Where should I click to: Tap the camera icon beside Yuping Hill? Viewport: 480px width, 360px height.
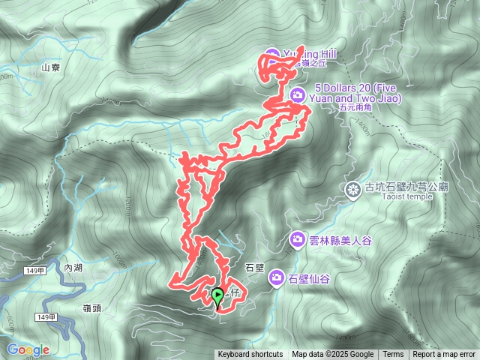tap(271, 55)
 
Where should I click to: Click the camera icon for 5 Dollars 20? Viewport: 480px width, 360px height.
tap(297, 94)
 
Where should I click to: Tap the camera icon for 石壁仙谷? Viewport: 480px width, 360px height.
tap(276, 278)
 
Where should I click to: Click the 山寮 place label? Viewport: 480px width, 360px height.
tap(51, 67)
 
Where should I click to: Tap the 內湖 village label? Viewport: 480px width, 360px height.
tap(74, 268)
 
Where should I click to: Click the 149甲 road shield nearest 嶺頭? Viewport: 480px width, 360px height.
tap(46, 318)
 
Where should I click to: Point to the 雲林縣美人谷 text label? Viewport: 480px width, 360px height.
tap(340, 241)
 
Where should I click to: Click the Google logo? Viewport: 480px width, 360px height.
tap(28, 349)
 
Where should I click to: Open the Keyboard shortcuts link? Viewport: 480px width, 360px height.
tap(250, 355)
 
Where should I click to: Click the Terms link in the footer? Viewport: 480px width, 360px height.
tap(393, 355)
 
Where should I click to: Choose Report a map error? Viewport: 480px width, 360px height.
tap(444, 355)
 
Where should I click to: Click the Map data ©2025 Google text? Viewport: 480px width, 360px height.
tap(332, 355)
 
